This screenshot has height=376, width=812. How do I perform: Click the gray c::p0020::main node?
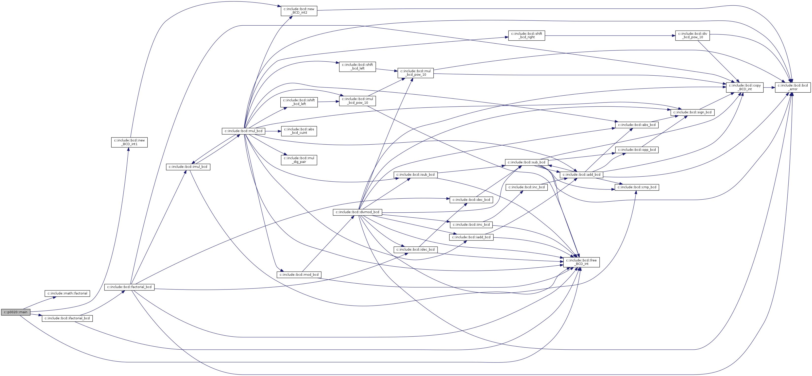16,312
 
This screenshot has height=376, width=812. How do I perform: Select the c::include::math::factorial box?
68,293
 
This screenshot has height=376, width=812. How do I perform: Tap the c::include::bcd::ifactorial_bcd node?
67,318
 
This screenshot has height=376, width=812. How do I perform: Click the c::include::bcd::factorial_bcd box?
130,287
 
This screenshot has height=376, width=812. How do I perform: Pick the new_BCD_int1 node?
129,142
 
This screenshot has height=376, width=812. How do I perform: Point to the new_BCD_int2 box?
299,11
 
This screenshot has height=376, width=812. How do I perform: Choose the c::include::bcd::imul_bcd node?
188,167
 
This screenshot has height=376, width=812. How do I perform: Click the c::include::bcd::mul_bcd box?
243,131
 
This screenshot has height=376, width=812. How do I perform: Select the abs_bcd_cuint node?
299,131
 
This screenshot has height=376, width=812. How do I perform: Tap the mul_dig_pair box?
299,160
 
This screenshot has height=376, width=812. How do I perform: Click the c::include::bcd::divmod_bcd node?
357,212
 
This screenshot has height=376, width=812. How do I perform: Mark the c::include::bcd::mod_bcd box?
299,274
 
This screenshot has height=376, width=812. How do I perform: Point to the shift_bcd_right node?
526,35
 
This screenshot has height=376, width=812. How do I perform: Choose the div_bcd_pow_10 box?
693,35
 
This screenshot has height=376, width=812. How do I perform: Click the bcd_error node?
793,87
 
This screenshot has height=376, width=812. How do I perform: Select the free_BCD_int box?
581,262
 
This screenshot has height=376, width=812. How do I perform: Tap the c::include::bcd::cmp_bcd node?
637,187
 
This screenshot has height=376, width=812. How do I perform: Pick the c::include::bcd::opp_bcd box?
637,150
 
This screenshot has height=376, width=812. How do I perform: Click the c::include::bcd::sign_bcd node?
692,112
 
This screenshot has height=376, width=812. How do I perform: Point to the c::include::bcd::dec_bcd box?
471,200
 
